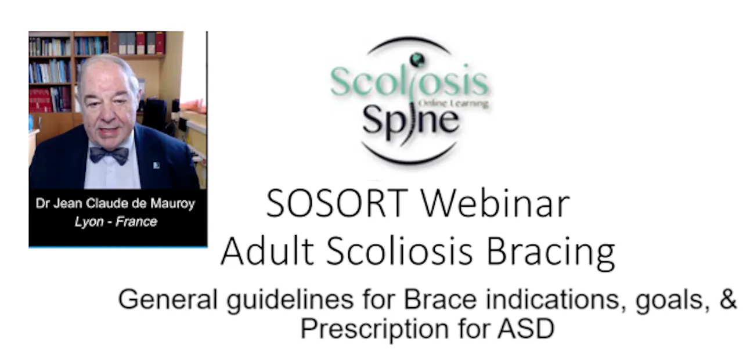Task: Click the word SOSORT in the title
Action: [x=337, y=203]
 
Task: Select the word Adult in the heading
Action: [x=268, y=251]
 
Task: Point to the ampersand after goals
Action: [x=728, y=299]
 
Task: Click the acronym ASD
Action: [x=526, y=328]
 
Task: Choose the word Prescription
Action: [x=375, y=329]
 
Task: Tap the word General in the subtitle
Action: [x=168, y=299]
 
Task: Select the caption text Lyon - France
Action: [x=116, y=221]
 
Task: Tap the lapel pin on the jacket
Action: [x=156, y=165]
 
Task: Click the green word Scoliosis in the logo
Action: [x=410, y=81]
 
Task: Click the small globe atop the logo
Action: [x=417, y=60]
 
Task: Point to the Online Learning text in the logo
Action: [x=453, y=103]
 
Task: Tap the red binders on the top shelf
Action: [x=150, y=42]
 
